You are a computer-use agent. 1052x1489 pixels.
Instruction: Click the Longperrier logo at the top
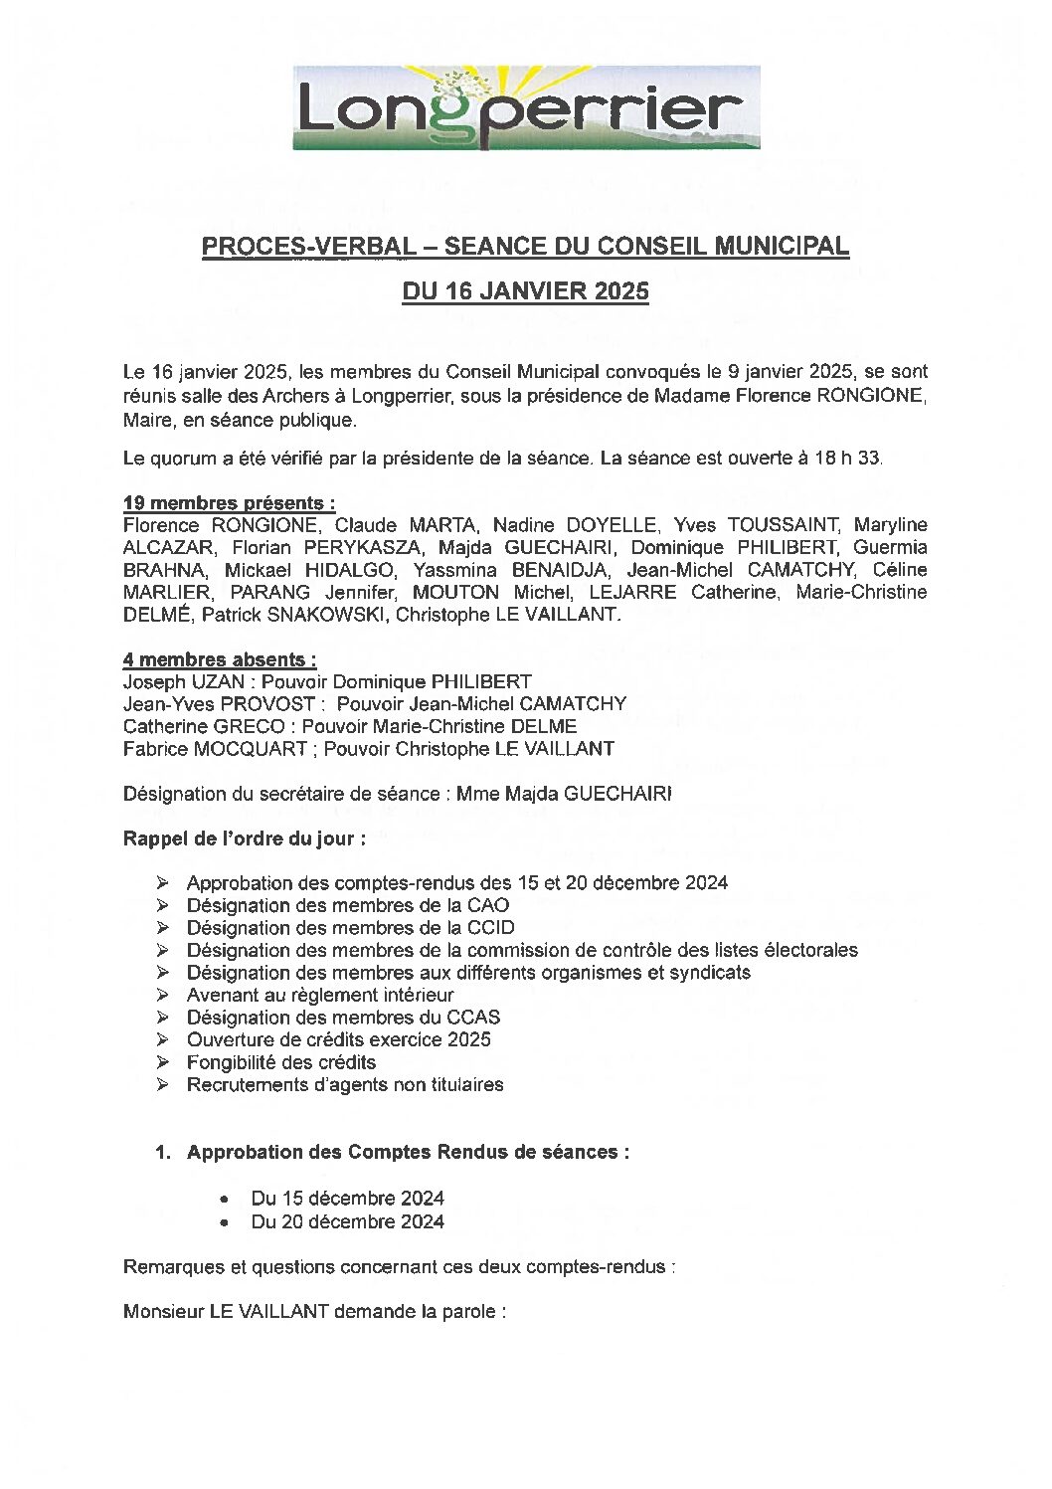526,107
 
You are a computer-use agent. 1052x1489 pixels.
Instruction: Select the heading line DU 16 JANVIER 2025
525,291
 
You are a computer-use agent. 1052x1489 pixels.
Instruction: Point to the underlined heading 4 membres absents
220,659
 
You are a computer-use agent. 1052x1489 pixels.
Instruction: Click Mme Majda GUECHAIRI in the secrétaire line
564,794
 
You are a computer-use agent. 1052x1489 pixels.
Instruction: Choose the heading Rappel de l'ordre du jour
244,838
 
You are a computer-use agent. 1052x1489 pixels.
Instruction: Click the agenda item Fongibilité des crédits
281,1062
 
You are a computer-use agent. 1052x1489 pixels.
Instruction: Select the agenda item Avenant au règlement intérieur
320,995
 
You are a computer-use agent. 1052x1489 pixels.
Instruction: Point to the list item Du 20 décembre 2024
347,1221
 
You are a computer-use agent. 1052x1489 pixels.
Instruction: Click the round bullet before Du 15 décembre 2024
228,1199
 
